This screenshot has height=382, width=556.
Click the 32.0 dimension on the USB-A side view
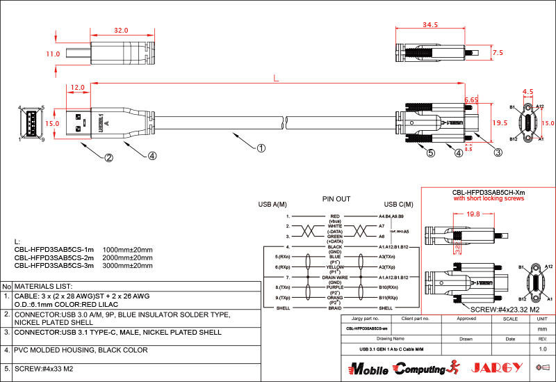121,31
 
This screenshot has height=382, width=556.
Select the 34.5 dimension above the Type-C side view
430,25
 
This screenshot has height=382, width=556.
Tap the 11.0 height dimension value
53,54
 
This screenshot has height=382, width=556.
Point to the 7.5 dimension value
498,52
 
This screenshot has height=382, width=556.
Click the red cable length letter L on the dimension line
277,79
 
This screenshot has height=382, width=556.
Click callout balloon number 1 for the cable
261,148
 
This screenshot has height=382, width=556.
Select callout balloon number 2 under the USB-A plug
108,157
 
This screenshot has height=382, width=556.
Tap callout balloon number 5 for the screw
431,153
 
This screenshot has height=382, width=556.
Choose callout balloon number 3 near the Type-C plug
498,152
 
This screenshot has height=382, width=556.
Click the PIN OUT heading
336,199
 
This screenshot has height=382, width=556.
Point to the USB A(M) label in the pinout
272,205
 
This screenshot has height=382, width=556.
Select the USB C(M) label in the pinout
398,205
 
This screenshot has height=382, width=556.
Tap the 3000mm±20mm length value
128,265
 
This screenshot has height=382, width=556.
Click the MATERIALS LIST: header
44,286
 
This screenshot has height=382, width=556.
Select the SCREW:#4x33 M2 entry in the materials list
46,369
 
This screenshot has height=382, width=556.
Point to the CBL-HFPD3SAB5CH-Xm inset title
489,192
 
